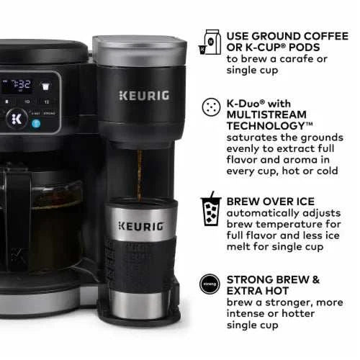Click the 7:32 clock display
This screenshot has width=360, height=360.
tap(17, 86)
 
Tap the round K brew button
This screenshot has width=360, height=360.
tap(15, 120)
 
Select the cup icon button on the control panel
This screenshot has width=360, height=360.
tap(46, 86)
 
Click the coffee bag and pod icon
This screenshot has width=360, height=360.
tap(212, 42)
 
